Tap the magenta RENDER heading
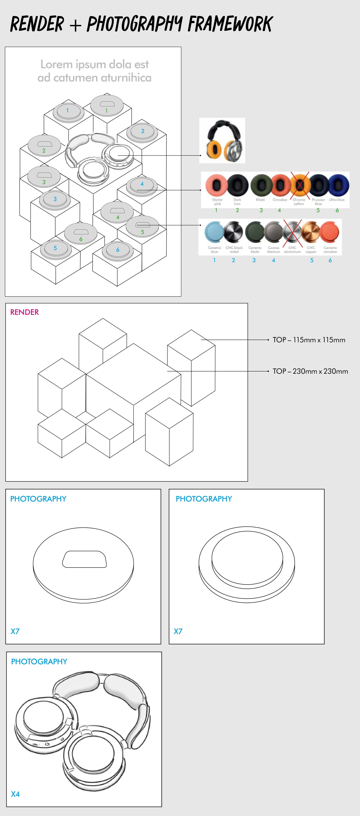24,312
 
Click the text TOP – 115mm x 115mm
309,340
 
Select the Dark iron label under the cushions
237,202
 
